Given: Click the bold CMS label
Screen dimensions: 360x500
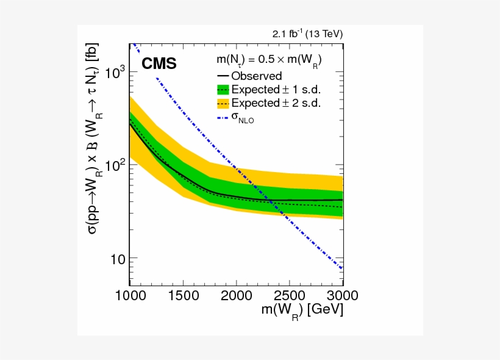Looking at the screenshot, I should coord(159,63).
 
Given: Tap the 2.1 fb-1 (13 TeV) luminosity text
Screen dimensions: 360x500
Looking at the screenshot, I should coord(307,34).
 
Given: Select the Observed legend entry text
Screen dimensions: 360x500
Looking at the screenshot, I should coord(256,76).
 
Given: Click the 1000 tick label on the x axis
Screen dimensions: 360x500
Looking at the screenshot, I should coord(130,296).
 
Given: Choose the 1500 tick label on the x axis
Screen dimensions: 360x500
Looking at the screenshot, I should coord(183,296).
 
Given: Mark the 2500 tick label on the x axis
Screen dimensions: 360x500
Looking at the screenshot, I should coord(289,296).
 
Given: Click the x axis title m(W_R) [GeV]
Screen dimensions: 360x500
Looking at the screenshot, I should coord(302,311).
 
